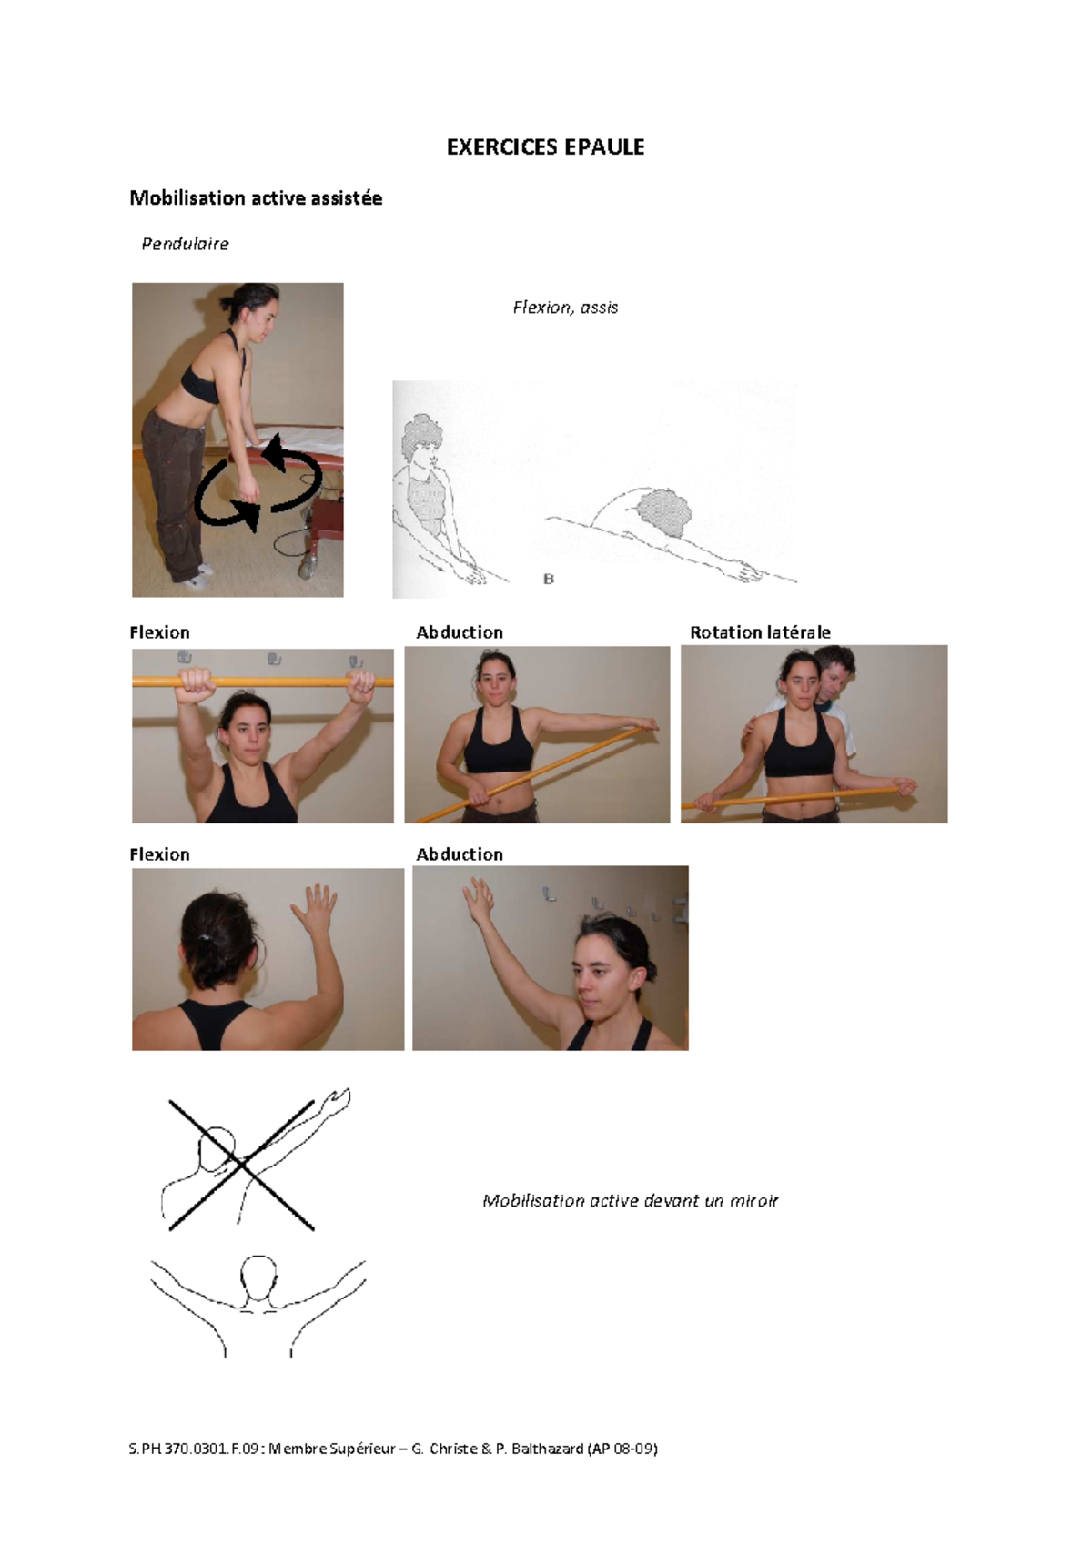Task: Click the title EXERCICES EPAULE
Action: point(545,147)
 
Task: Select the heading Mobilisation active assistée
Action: point(256,198)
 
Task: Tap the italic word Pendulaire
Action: point(185,244)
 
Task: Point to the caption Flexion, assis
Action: point(565,308)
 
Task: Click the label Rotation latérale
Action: point(760,632)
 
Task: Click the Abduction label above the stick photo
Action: point(460,632)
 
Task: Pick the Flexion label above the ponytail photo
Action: point(159,854)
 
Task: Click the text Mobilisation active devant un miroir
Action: point(630,1201)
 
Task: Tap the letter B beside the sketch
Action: point(549,579)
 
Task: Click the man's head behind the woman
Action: point(835,672)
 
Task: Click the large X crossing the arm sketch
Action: point(242,1165)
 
